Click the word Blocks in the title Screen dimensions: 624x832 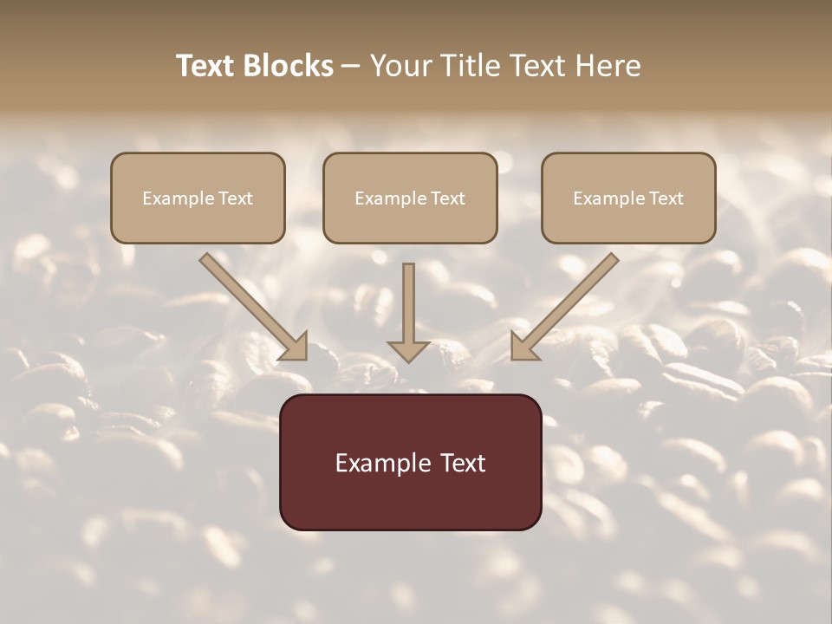click(288, 66)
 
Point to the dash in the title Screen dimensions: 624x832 click(351, 67)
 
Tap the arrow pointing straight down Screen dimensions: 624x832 click(408, 312)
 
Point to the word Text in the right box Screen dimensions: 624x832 click(666, 198)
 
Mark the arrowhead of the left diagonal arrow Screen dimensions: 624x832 click(294, 347)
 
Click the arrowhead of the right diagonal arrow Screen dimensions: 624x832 click(524, 347)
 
